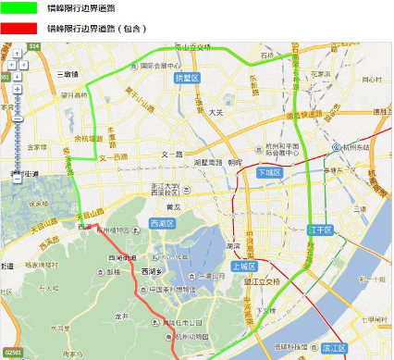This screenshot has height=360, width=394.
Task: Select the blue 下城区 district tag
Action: [268, 172]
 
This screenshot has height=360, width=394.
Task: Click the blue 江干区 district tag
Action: [319, 229]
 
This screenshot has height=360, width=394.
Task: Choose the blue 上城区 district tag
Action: [243, 266]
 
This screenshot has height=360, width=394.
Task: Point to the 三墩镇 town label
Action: [67, 73]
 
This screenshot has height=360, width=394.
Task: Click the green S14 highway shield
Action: [33, 45]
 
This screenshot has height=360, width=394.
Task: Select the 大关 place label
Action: [215, 112]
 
